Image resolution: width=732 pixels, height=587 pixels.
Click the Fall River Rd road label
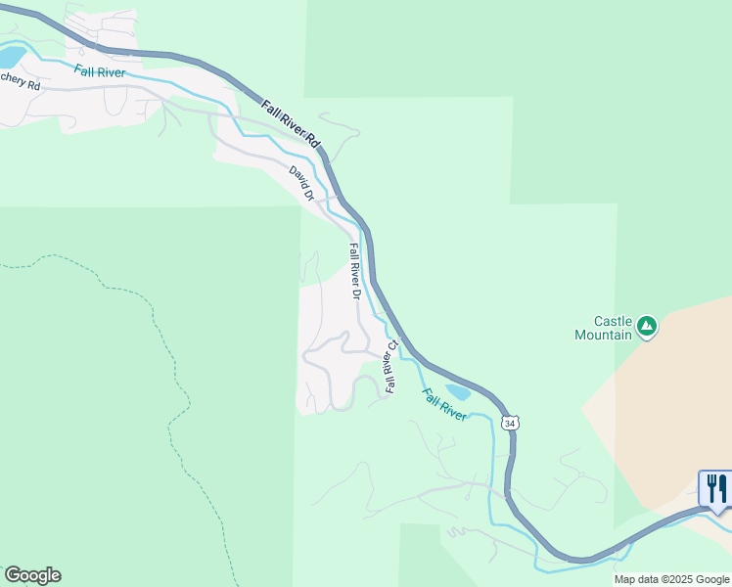(292, 123)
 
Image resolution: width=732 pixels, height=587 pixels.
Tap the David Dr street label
(301, 183)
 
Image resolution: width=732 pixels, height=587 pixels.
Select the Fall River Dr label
(355, 272)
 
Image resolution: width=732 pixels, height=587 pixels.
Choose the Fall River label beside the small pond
(445, 404)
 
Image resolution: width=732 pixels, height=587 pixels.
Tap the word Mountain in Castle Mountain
(603, 335)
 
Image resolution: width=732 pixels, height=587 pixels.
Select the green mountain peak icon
(646, 326)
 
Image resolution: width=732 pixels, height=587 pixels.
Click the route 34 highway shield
(509, 423)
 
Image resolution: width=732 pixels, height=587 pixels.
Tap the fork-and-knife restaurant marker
(716, 488)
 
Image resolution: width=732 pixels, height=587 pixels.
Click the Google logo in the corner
(32, 575)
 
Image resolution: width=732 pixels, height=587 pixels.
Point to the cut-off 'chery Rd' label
(20, 85)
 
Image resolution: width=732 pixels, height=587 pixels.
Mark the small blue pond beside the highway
(457, 393)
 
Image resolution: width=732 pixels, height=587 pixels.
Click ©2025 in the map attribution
(675, 579)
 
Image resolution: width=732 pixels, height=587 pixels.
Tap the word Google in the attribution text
(711, 579)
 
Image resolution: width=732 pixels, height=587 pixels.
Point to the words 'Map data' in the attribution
(636, 579)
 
